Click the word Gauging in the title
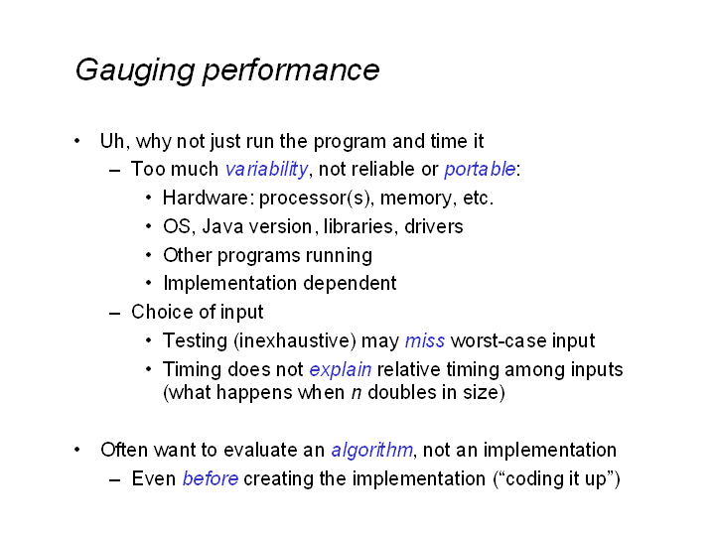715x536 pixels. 135,71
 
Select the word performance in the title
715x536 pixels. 291,71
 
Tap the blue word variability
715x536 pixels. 267,170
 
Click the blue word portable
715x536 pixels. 480,169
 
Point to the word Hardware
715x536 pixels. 206,198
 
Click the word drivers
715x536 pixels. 434,226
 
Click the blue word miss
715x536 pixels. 425,340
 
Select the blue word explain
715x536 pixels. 341,370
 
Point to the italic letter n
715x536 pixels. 357,393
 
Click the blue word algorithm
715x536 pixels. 372,451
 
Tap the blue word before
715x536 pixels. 211,479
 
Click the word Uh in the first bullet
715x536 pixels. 112,141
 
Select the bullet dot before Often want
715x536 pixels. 77,450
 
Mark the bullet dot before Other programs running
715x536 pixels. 149,255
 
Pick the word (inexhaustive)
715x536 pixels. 295,341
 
